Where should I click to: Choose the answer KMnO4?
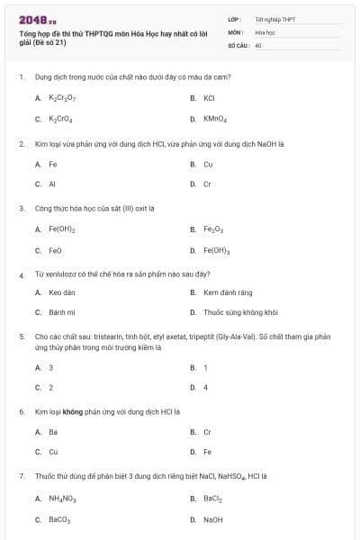pos(215,119)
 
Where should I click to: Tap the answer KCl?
pos(209,97)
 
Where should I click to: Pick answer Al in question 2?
pos(52,184)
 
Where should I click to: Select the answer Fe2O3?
pos(213,229)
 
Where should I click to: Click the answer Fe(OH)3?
pos(216,251)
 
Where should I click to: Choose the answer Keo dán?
pos(61,292)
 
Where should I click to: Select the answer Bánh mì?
pos(60,313)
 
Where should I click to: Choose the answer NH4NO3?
pos(61,498)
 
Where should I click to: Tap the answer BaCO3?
pos(59,519)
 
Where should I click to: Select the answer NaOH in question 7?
pos(212,519)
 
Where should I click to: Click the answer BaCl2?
pos(212,498)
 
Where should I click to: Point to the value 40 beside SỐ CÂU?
pos(258,44)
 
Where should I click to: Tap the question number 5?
pos(21,337)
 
